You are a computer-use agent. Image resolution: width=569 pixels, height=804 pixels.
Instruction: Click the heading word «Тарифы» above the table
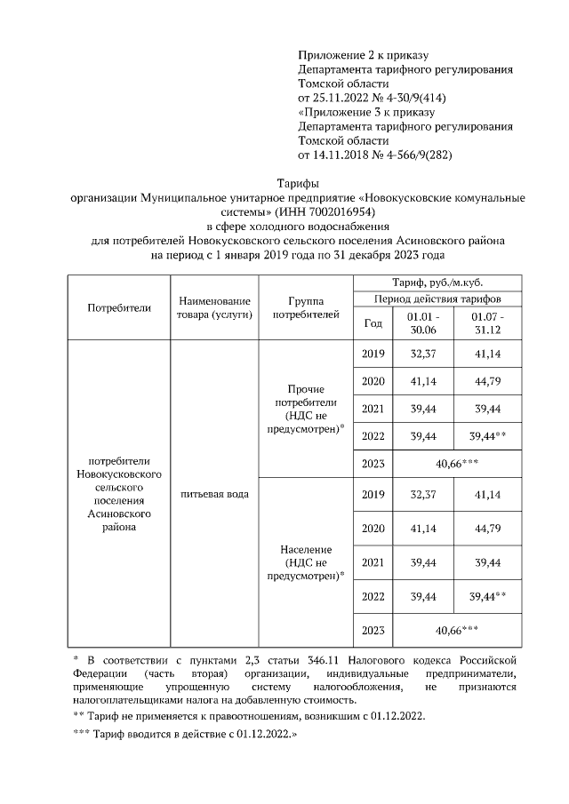pyautogui.click(x=284, y=183)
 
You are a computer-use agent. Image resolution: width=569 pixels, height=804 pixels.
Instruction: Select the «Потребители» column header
pyautogui.click(x=119, y=307)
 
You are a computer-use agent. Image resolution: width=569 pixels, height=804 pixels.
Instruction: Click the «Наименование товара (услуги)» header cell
pyautogui.click(x=213, y=307)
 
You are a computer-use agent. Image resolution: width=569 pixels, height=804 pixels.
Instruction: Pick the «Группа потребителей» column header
pyautogui.click(x=305, y=307)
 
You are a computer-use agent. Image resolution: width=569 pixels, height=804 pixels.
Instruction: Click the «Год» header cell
pyautogui.click(x=373, y=323)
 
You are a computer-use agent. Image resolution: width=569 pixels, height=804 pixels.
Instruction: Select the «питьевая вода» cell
pyautogui.click(x=213, y=493)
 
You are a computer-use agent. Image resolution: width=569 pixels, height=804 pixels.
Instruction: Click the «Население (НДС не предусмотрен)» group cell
pyautogui.click(x=305, y=562)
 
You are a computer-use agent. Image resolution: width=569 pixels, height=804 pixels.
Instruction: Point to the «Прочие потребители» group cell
pyautogui.click(x=305, y=409)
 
